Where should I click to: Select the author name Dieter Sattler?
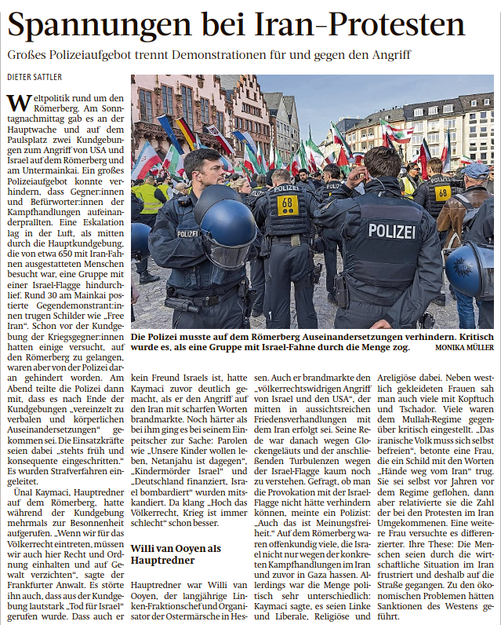point(34,76)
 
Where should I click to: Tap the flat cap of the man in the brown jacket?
point(476,170)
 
